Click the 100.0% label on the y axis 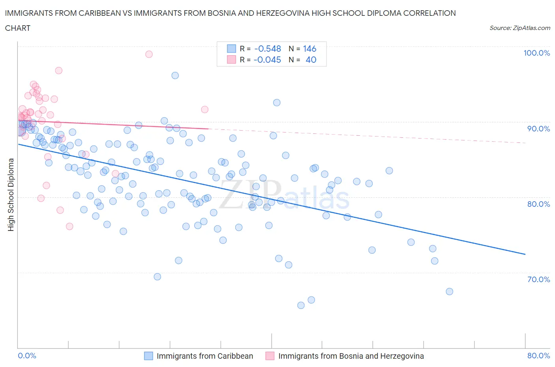(x=536, y=53)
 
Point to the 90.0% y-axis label (x=538, y=129)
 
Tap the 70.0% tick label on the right (x=538, y=279)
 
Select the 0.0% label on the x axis (x=27, y=356)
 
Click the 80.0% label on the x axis (x=538, y=356)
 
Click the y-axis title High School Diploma (x=11, y=195)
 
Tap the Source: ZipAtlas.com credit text (x=519, y=28)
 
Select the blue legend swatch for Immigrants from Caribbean (x=148, y=356)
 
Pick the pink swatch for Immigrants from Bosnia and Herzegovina (x=270, y=356)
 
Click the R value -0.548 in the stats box (x=268, y=49)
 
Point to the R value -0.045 (x=268, y=60)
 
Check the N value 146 (x=309, y=49)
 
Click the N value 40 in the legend (x=311, y=60)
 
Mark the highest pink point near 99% (x=149, y=54)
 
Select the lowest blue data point (x=301, y=305)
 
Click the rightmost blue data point (x=449, y=292)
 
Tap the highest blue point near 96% (x=175, y=75)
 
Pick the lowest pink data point (x=69, y=227)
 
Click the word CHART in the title (x=18, y=28)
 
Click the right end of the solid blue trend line (x=525, y=255)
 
